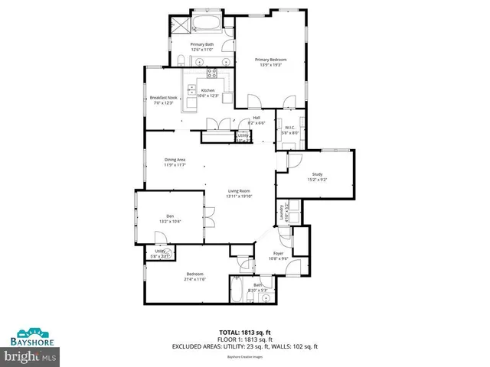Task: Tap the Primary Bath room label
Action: coord(202,44)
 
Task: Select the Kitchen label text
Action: coord(207,90)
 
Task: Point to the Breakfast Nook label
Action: coord(164,97)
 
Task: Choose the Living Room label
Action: coord(239,190)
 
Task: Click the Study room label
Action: coord(317,174)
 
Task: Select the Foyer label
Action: coord(279,253)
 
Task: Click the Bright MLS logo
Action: coord(31,356)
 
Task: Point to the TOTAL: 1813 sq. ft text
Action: coord(246,331)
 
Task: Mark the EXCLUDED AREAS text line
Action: coord(246,346)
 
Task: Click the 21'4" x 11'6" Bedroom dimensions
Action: coord(195,279)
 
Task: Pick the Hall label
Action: coord(256,117)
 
